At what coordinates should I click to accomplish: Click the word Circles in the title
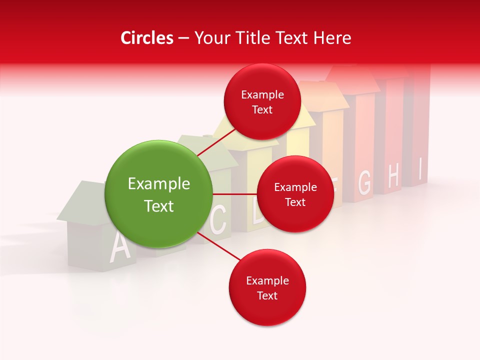146,38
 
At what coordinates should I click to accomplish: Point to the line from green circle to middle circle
234,194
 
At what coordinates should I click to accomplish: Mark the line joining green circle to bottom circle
218,247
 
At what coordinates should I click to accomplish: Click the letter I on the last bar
421,169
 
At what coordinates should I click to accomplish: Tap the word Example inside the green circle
159,184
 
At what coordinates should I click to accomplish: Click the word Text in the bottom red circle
267,295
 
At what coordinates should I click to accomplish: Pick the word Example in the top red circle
262,95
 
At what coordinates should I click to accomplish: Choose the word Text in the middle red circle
295,202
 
